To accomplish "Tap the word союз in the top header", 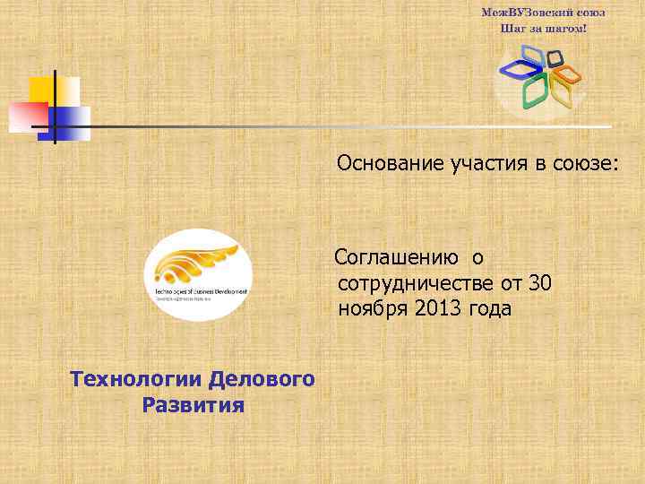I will pos(588,13).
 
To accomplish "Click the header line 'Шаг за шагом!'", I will pos(544,29).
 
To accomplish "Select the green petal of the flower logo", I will pos(535,92).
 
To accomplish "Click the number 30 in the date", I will pos(539,284).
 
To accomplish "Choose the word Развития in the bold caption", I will pos(193,405).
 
